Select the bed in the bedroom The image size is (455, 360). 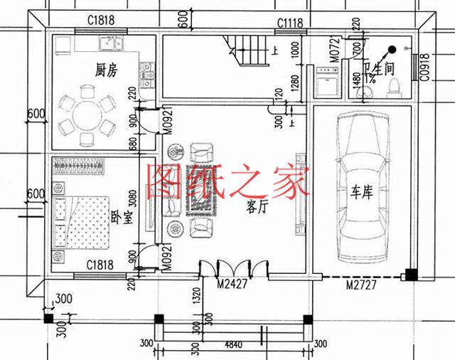pos(80,221)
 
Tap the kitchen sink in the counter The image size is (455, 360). pos(107,41)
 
